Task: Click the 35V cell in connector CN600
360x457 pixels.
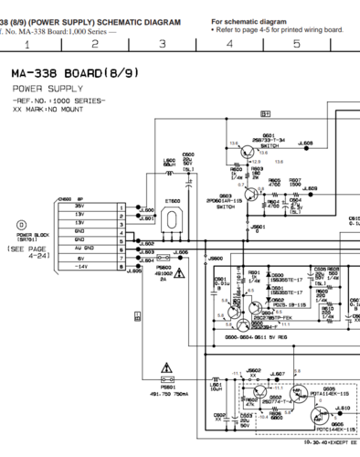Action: (90, 207)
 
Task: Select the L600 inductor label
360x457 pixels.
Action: (169, 163)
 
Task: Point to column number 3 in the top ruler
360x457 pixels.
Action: (162, 43)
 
